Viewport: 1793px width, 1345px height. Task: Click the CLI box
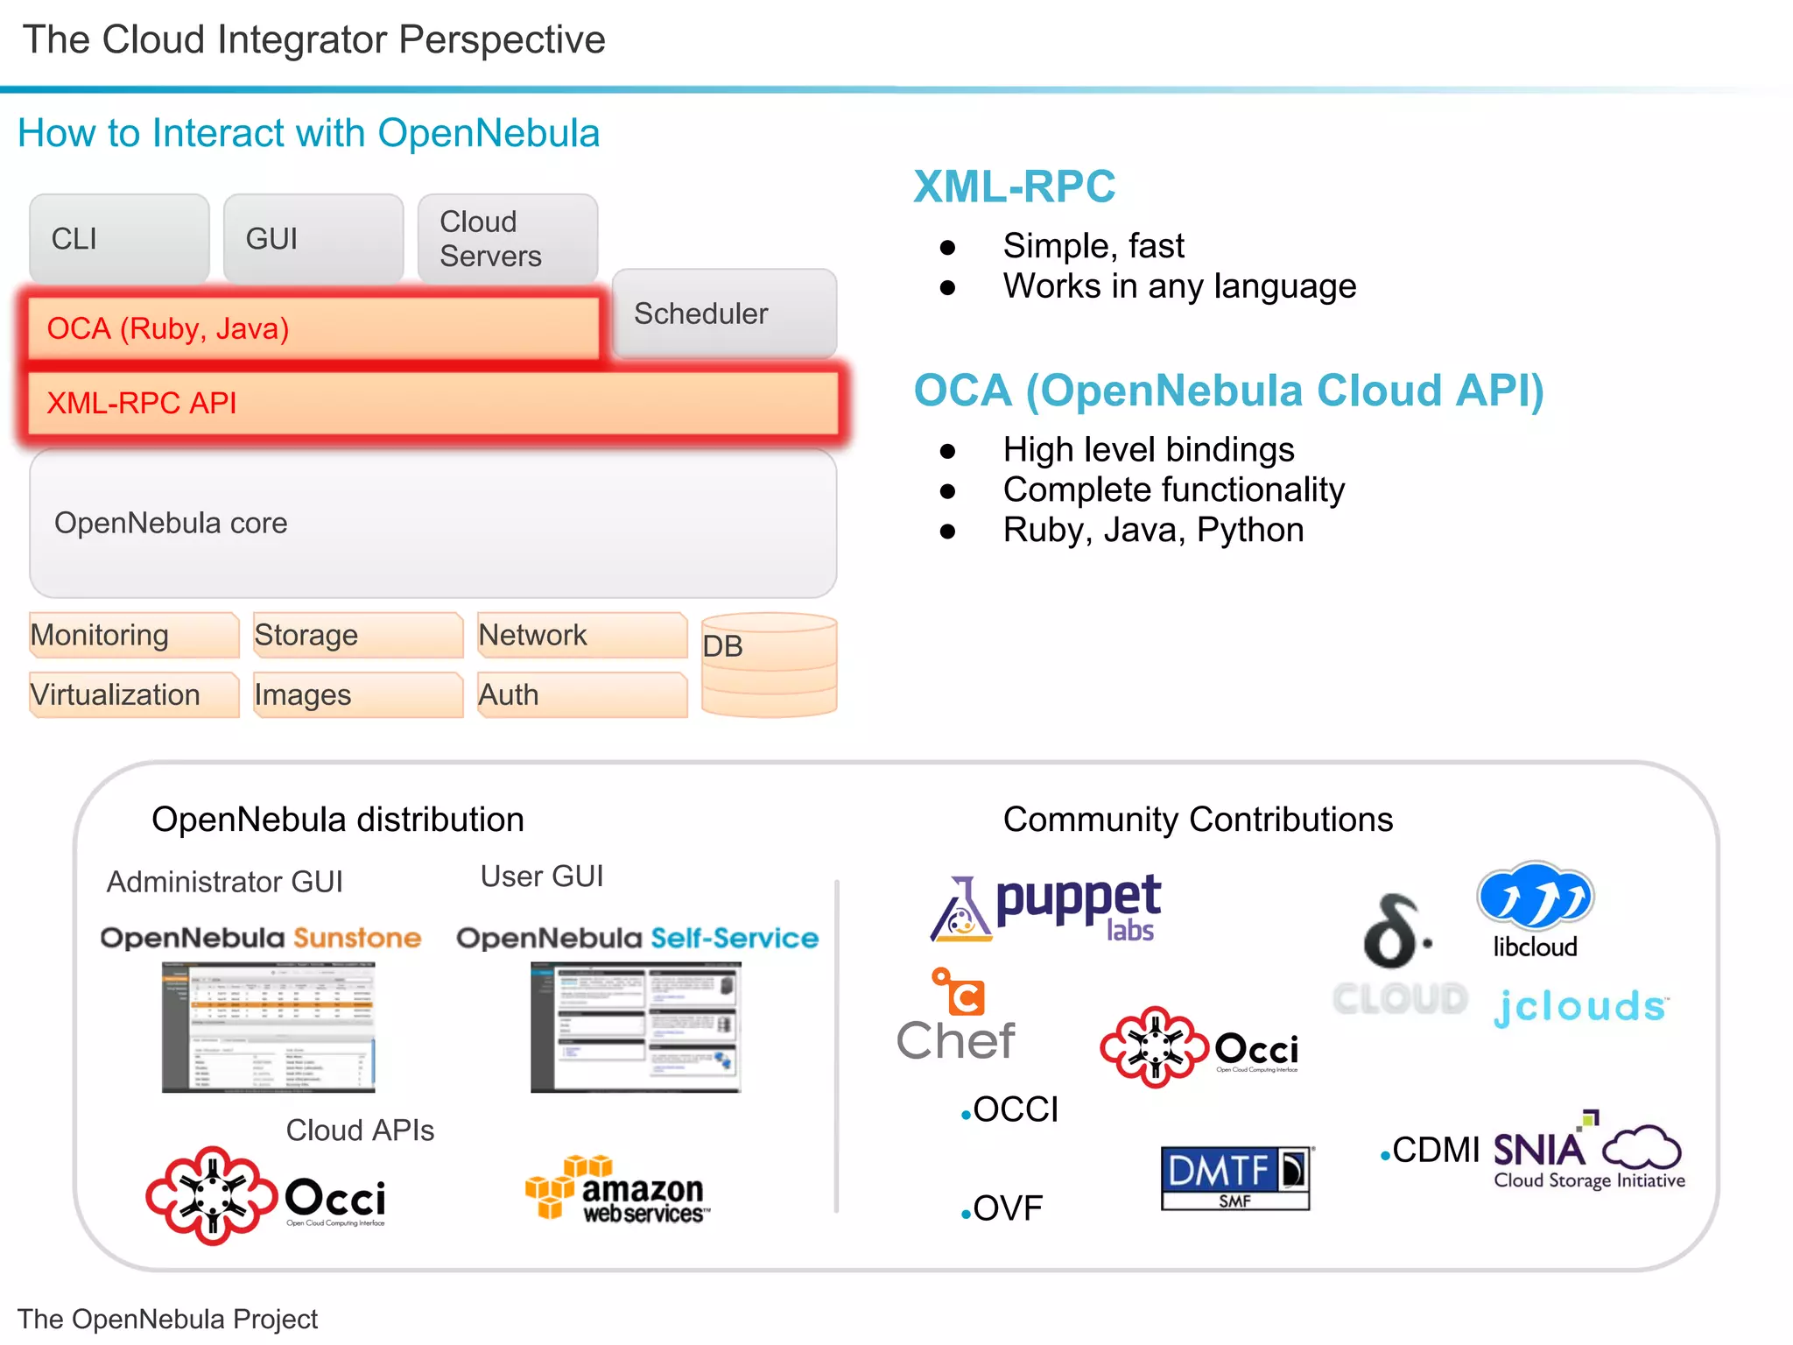coord(119,238)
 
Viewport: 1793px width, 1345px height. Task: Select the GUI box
coord(313,238)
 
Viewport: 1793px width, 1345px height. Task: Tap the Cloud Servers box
coord(507,238)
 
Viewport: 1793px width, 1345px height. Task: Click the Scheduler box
coord(724,313)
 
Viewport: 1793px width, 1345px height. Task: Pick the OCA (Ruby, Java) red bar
coord(313,328)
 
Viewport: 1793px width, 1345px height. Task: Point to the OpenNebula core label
coord(171,523)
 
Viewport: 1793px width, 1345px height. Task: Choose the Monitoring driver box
coord(133,635)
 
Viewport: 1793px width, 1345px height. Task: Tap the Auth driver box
coord(581,694)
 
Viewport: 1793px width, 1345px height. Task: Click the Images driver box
coord(357,694)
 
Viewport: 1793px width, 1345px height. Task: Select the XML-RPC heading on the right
coord(1014,187)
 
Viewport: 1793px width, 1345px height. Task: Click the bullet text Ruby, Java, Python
coord(1153,530)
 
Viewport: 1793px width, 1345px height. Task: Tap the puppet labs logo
coord(1046,907)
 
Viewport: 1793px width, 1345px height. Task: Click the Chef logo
coord(956,1016)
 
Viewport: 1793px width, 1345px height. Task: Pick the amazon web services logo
coord(618,1189)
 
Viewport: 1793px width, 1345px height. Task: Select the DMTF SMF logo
coord(1235,1178)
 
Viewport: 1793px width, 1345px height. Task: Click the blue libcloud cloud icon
coord(1535,896)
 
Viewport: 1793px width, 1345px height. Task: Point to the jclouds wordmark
coord(1579,1006)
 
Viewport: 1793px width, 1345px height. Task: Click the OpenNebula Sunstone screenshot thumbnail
coord(268,1027)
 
